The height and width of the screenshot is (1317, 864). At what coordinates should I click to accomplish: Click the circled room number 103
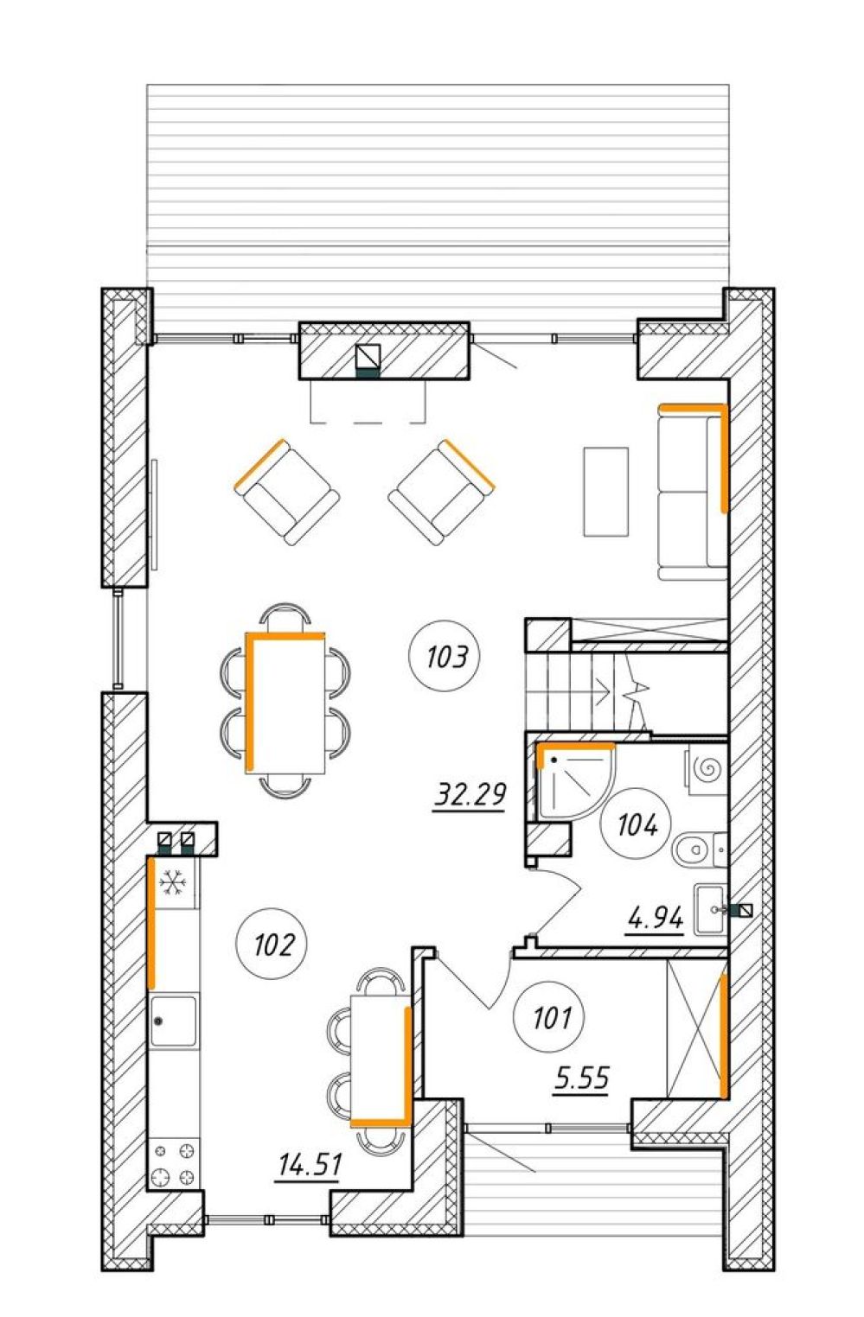(444, 656)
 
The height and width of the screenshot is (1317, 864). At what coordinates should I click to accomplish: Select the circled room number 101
(549, 1017)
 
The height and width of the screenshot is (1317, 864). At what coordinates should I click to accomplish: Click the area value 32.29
(469, 796)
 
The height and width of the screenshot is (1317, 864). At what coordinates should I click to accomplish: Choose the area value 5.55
(581, 1078)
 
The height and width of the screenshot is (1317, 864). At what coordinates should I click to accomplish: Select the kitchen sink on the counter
(174, 1021)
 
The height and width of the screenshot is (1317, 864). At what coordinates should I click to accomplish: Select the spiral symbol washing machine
(707, 768)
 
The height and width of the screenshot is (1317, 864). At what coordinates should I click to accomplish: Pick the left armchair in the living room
(286, 492)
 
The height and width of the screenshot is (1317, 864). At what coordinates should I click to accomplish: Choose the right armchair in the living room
(441, 492)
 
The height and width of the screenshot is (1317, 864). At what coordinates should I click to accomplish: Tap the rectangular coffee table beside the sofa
(605, 492)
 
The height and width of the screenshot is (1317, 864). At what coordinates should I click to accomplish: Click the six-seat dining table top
(285, 703)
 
